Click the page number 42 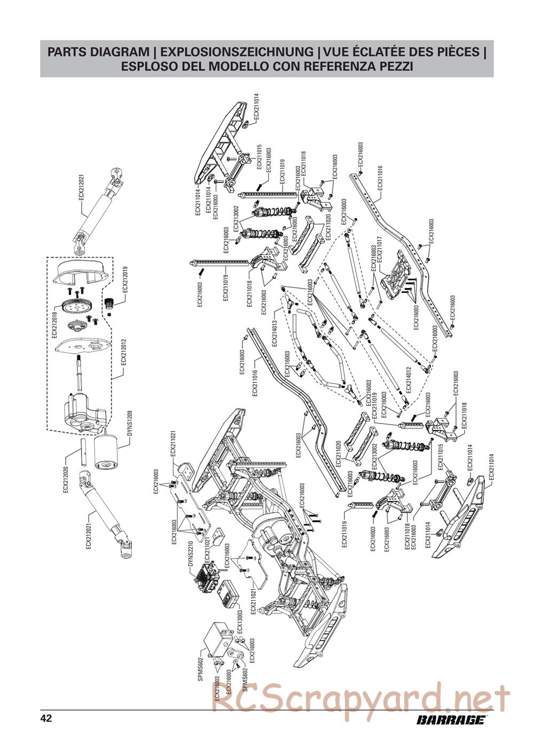point(46,718)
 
